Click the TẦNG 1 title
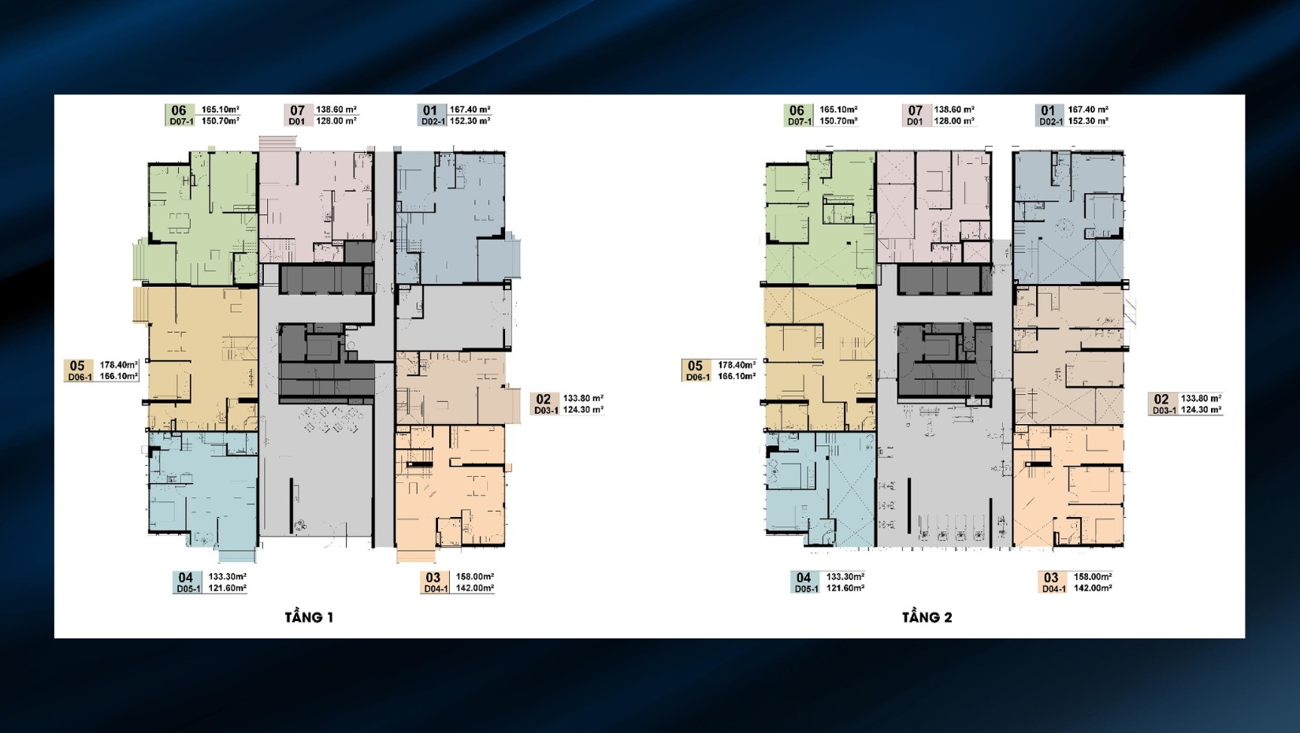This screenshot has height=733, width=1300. coord(309,617)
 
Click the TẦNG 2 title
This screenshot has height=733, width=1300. coord(927,617)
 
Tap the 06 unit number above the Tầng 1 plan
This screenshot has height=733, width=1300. coord(179,110)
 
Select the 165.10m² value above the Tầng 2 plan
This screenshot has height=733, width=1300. coord(838,109)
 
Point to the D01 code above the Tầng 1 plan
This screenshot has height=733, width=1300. coord(296,121)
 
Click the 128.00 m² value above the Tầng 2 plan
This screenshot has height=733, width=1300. coord(954,121)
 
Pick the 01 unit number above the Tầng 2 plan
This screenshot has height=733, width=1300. coord(1048,110)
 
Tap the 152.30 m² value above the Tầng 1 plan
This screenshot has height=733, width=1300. coord(470,121)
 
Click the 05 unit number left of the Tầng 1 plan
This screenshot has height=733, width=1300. coord(77,366)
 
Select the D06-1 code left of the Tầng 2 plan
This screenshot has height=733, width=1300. coord(698,378)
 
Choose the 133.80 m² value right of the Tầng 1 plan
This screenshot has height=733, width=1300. coord(583,398)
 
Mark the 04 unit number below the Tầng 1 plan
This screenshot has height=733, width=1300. coord(186,578)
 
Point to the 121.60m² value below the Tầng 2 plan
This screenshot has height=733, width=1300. coord(845,588)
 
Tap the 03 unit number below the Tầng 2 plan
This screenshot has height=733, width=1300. coord(1051,578)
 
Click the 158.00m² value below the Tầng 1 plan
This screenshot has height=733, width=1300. coord(475,576)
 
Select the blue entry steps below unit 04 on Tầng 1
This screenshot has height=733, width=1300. coord(237,556)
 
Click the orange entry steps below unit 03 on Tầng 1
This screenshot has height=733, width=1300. coord(416,556)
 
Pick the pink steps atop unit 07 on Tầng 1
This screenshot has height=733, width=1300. coord(278,143)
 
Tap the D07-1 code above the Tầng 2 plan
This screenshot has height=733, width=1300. coord(800,122)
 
